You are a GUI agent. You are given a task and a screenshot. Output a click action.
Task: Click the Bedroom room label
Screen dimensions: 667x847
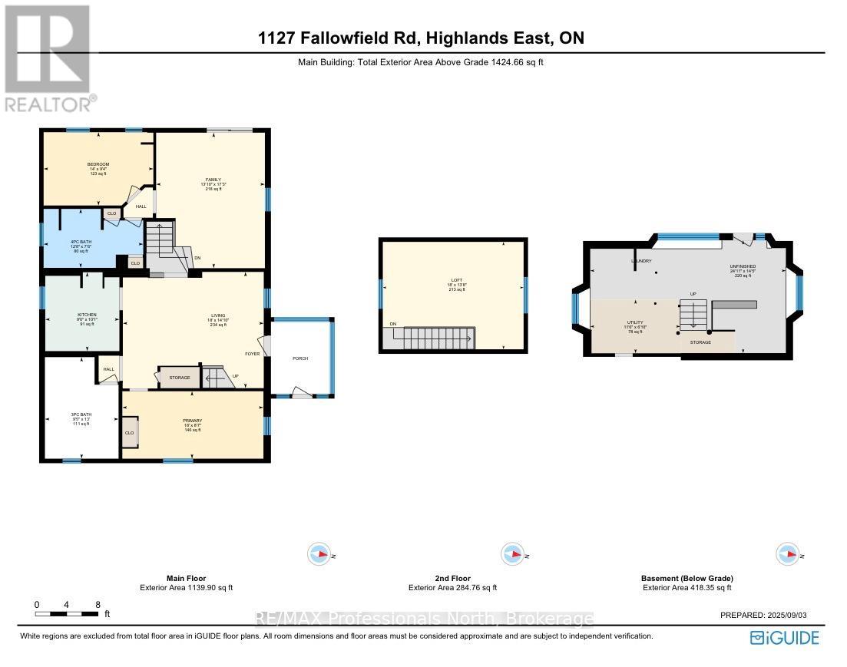coord(98,164)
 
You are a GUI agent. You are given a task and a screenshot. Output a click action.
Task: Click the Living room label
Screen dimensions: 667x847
coord(218,315)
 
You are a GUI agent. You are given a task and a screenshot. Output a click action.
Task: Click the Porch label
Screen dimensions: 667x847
coord(299,358)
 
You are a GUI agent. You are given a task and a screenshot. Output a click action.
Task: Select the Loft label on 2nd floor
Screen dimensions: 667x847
coord(454,282)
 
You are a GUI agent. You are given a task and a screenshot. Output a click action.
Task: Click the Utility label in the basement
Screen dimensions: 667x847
coord(634,323)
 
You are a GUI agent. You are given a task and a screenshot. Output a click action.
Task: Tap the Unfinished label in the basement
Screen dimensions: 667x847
coord(743,266)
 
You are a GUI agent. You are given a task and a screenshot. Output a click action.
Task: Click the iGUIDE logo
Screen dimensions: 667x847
coord(784,637)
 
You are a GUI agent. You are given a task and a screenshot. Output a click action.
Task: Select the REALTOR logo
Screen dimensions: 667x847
coord(48,58)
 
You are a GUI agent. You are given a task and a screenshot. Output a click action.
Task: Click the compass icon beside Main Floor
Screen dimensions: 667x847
coord(318,553)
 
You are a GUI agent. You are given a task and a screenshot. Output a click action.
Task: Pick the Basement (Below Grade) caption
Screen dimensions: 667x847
coord(687,578)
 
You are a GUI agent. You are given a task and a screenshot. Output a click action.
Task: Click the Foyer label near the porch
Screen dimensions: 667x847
coord(253,354)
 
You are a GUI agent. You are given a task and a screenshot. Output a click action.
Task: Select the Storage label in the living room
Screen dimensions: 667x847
coord(179,378)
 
